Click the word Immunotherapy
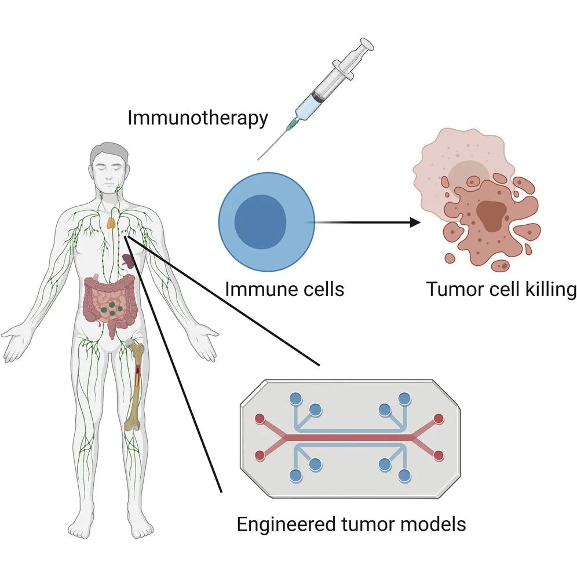[198, 118]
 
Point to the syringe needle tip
[259, 158]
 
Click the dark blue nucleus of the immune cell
[260, 222]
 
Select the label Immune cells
[284, 288]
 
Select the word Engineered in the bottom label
[284, 524]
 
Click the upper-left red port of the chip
[260, 418]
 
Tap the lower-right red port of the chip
[439, 455]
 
